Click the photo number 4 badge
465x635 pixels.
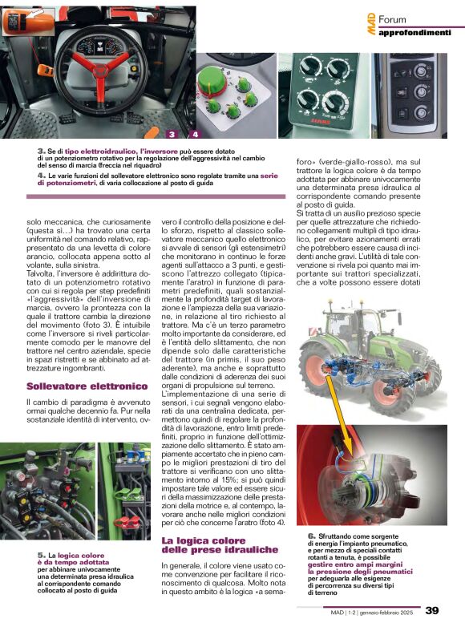click(x=196, y=134)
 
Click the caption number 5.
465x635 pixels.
click(x=41, y=555)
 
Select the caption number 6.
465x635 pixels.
click(x=311, y=535)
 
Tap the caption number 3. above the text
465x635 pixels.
click(x=41, y=151)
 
